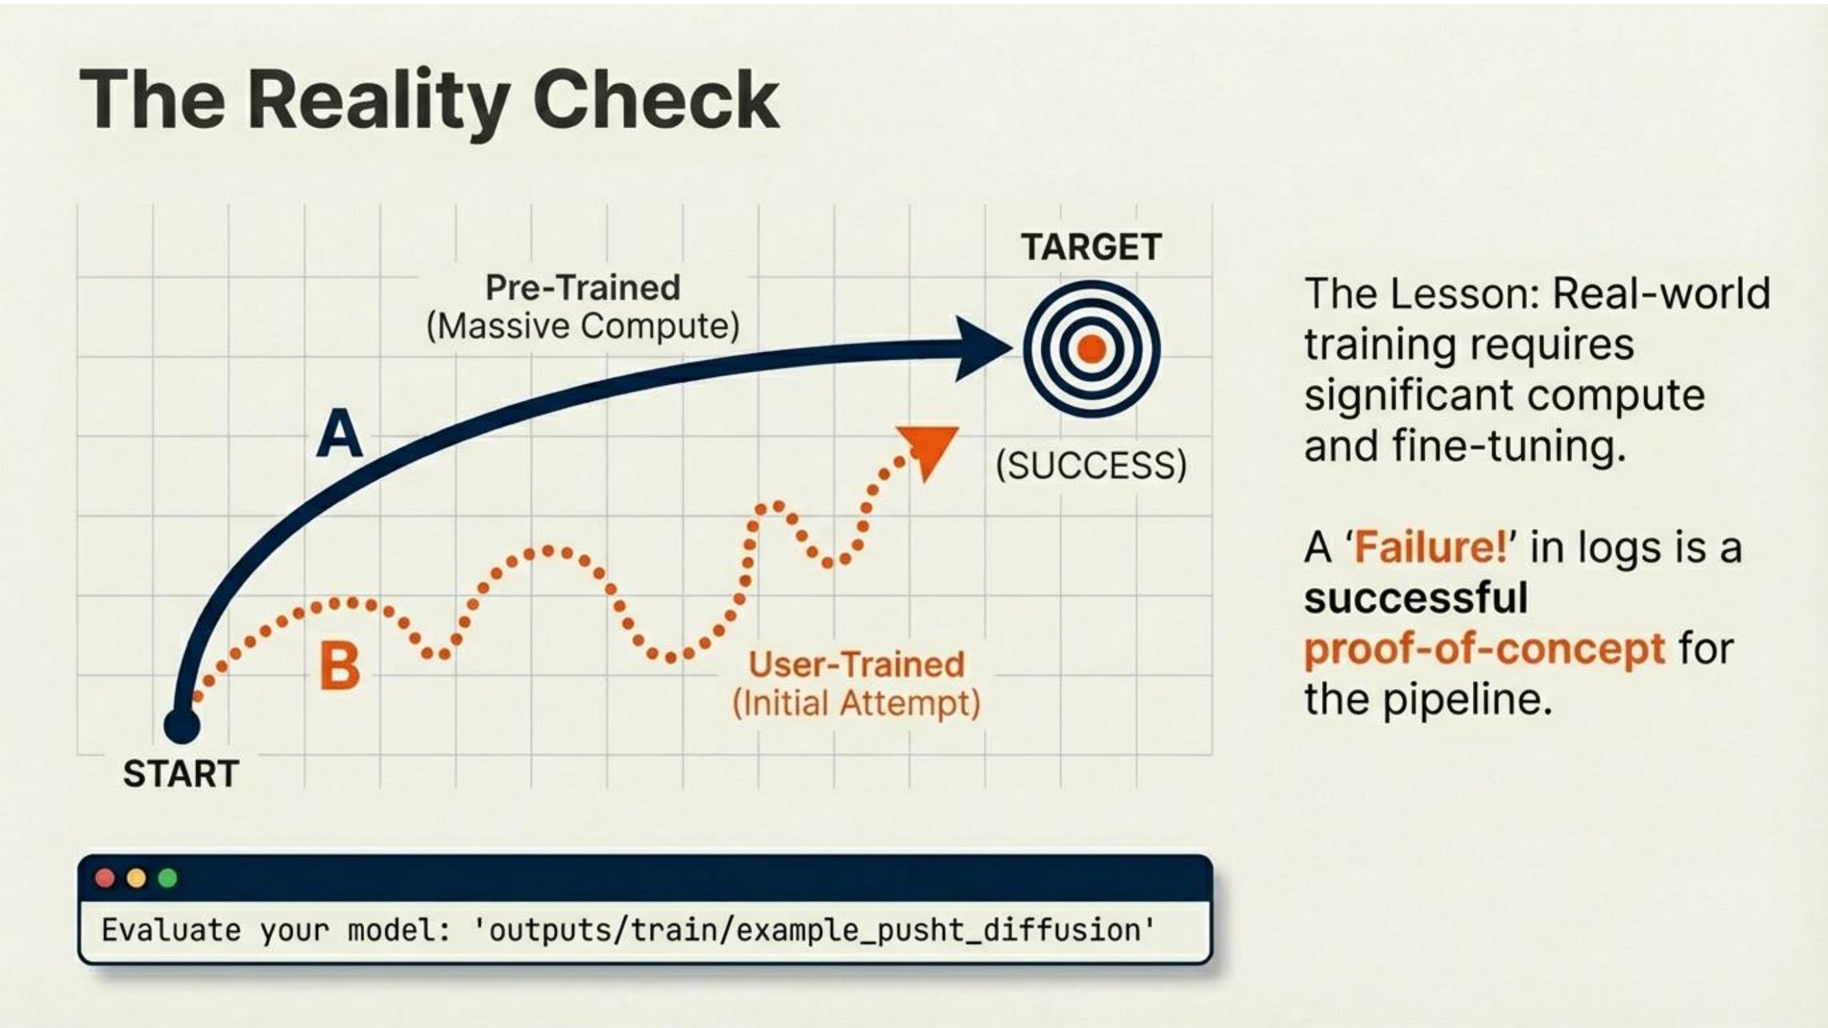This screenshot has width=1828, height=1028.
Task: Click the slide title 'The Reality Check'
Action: click(x=430, y=101)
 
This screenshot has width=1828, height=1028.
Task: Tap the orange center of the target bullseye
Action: click(x=1092, y=349)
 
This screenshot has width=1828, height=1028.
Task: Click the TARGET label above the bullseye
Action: click(x=1092, y=247)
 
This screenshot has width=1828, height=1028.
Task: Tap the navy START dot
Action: click(x=182, y=726)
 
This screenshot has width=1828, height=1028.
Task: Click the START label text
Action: click(x=181, y=773)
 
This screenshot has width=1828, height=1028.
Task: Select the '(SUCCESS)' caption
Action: click(x=1092, y=466)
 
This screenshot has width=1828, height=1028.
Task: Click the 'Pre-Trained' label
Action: click(x=583, y=287)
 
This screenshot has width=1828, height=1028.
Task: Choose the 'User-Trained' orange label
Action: click(x=856, y=665)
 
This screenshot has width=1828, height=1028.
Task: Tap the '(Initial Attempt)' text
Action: click(x=856, y=704)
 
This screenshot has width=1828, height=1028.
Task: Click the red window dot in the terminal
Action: click(x=105, y=879)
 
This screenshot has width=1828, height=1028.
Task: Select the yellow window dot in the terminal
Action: click(x=136, y=879)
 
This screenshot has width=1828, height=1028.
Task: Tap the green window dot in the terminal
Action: click(x=167, y=879)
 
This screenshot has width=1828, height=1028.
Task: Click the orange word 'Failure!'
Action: click(x=1430, y=548)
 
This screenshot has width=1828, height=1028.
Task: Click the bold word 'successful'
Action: click(x=1416, y=598)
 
